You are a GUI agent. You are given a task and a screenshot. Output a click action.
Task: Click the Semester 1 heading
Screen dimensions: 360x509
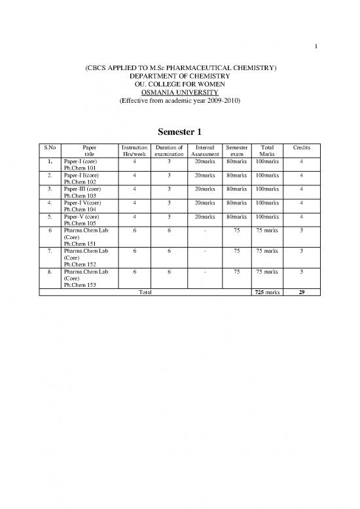click(180, 132)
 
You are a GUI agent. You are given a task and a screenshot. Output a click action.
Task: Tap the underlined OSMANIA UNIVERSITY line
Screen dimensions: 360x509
click(180, 93)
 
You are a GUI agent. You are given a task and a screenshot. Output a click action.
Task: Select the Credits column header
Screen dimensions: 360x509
click(301, 149)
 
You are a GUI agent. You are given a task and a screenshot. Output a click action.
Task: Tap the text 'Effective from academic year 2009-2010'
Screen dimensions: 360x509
click(180, 102)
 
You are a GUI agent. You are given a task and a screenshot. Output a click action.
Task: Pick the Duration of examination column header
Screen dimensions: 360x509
click(168, 152)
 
